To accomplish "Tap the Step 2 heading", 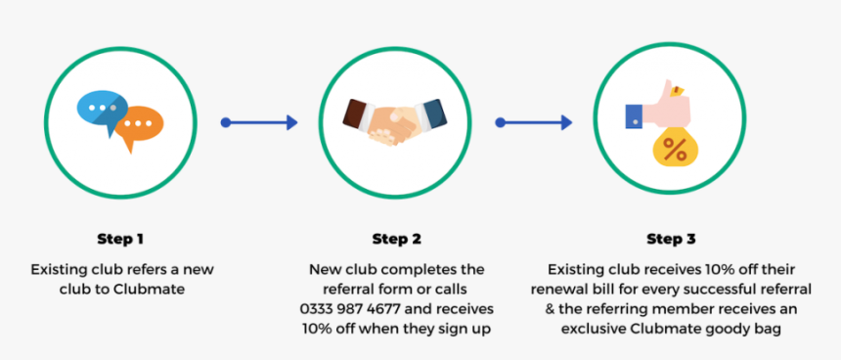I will (x=396, y=239).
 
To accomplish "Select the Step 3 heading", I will (x=671, y=239).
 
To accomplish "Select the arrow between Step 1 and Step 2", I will (x=259, y=122).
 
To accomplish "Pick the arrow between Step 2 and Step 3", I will (x=533, y=122).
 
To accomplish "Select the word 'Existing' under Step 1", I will (x=58, y=269).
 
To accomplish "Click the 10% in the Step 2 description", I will (x=319, y=330).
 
